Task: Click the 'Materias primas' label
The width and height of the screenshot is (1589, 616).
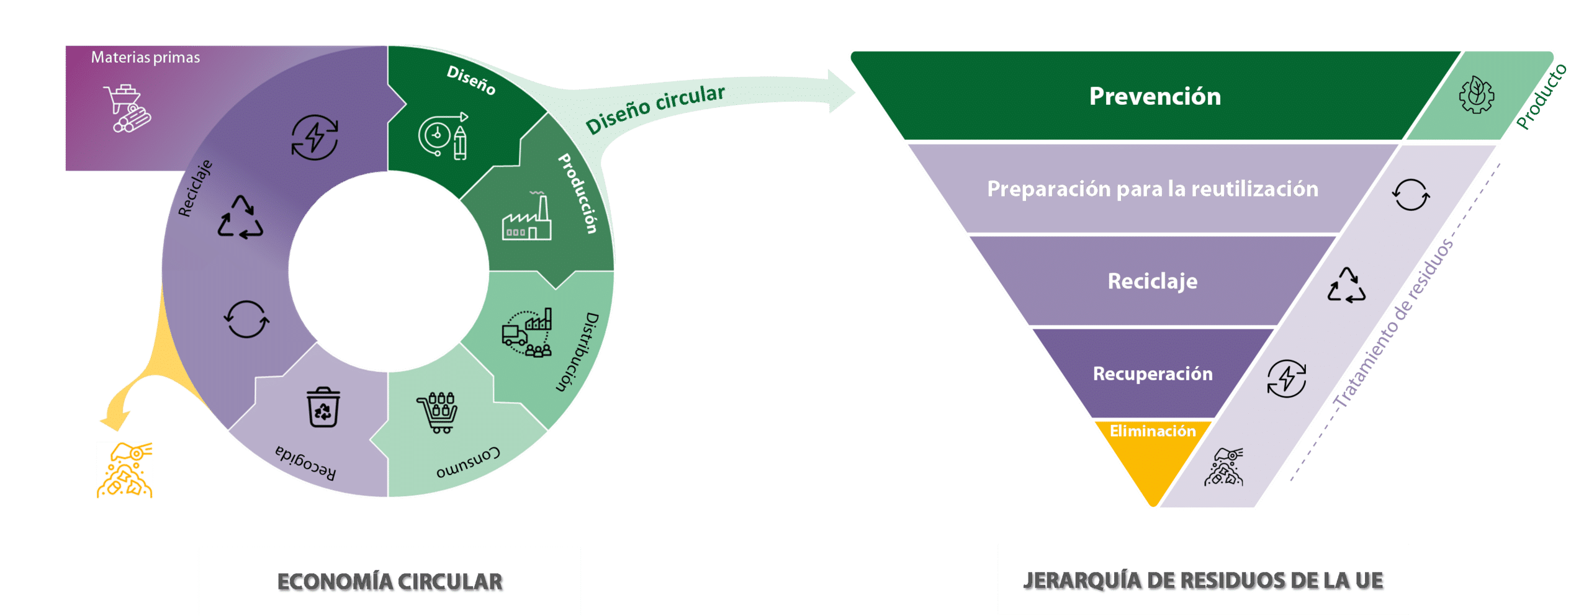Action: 145,58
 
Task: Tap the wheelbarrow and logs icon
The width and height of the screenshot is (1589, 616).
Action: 128,108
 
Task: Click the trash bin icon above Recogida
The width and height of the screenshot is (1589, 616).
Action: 323,408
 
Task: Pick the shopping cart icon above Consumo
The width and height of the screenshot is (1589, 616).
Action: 438,412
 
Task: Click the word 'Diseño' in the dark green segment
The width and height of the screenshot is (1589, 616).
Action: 471,81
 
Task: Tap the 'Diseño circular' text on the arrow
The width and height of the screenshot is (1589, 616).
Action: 655,108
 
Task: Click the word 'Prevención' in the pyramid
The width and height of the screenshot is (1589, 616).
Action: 1155,97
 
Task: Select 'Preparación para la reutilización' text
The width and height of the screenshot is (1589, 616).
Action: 1152,189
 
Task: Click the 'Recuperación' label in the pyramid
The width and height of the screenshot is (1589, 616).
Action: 1152,373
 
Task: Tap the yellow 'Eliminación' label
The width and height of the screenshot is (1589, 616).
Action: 1152,431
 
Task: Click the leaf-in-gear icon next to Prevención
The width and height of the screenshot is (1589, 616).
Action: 1476,95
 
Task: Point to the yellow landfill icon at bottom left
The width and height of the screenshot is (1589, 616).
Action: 125,470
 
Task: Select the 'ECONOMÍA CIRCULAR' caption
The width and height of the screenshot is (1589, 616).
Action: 389,581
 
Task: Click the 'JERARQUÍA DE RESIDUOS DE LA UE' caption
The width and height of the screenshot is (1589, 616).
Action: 1203,581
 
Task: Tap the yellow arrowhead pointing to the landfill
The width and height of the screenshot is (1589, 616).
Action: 115,421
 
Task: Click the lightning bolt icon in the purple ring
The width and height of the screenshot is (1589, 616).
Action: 315,137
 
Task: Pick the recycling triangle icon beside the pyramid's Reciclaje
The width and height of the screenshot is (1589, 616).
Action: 1346,286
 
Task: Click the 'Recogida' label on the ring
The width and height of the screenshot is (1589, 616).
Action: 305,463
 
